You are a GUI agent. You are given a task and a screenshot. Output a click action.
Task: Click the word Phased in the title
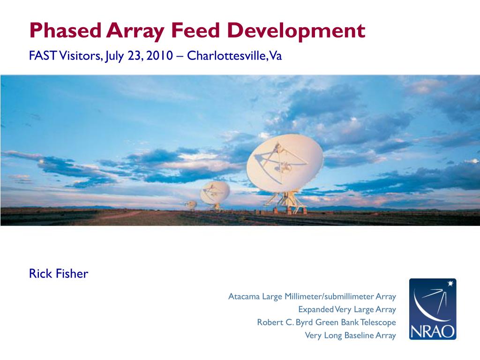(66, 31)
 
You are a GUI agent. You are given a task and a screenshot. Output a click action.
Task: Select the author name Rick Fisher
(59, 274)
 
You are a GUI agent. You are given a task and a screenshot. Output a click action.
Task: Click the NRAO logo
(432, 309)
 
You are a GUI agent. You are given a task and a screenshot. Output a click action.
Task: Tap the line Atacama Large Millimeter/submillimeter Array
(312, 297)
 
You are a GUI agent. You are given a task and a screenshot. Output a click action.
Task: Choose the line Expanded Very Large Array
(347, 309)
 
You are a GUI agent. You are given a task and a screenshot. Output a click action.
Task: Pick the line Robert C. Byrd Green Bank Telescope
(326, 322)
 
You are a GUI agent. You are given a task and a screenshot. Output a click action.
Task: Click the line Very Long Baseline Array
(350, 335)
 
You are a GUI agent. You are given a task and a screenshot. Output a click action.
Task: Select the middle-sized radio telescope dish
(216, 192)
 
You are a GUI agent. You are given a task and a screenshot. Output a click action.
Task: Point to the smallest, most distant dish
(191, 204)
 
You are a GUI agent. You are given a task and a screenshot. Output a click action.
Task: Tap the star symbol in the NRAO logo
(451, 284)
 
